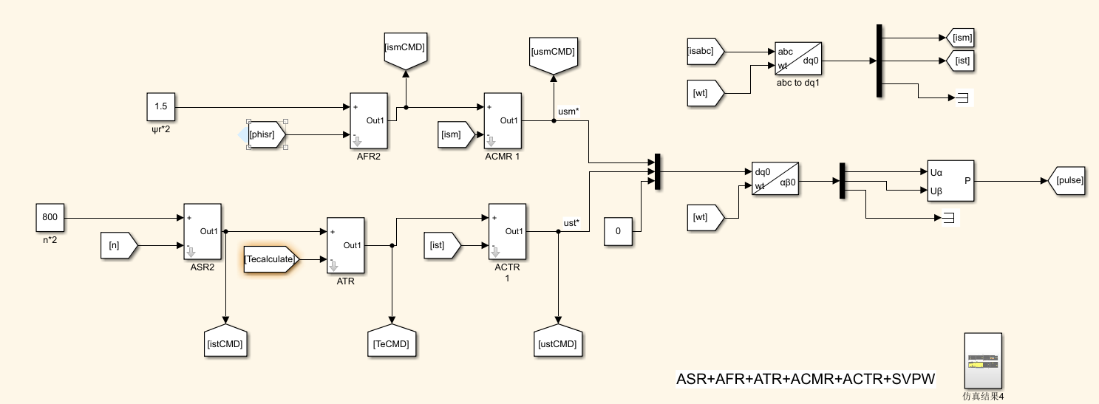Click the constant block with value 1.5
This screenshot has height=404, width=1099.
(x=161, y=107)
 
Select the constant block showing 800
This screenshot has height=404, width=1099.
(x=50, y=218)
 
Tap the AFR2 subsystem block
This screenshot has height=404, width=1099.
(x=368, y=121)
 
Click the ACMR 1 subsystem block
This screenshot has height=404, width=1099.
(x=503, y=121)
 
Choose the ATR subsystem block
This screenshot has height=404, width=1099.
(x=345, y=246)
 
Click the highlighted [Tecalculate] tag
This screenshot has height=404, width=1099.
(x=271, y=260)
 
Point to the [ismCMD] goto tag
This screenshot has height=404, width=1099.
(x=404, y=51)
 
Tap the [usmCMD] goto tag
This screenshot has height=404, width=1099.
(x=553, y=54)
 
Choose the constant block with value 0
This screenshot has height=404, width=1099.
(x=619, y=231)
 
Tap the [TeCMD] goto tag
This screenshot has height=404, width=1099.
(x=391, y=341)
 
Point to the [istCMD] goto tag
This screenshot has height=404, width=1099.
(x=225, y=341)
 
